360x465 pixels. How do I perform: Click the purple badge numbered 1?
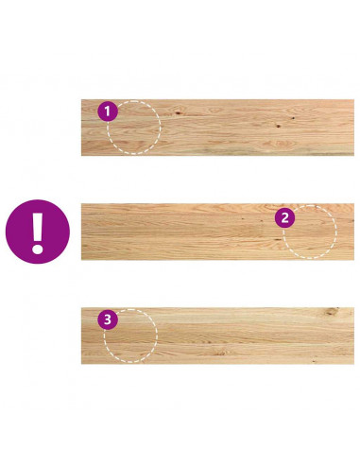(108, 112)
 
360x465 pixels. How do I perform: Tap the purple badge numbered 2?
(284, 217)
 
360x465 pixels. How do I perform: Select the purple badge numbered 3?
(108, 319)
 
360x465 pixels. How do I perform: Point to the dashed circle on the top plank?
(161, 128)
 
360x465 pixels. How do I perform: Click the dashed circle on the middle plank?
(335, 232)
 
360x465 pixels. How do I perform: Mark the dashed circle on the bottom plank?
(158, 336)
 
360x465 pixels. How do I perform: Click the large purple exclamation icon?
(38, 232)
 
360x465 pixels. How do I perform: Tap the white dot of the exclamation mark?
(38, 249)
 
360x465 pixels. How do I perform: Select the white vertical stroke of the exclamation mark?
(38, 226)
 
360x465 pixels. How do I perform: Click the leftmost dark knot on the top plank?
(179, 112)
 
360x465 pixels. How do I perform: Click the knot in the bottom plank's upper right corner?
(332, 311)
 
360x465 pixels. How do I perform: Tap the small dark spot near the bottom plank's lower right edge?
(314, 360)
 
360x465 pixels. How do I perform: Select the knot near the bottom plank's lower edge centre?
(220, 353)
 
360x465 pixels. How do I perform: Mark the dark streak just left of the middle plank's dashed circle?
(278, 239)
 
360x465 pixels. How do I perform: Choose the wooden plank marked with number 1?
(217, 128)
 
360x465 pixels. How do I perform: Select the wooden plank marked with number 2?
(217, 232)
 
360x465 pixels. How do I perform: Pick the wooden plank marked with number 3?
(217, 336)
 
